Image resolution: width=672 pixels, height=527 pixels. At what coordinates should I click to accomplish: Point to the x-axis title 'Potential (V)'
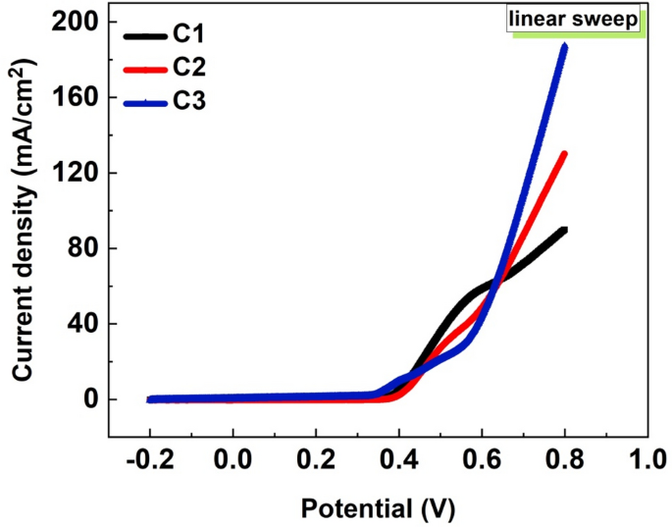click(x=378, y=509)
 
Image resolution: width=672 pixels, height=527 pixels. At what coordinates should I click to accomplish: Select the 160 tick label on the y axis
click(x=76, y=97)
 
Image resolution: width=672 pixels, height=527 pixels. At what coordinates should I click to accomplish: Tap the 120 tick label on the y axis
click(x=76, y=173)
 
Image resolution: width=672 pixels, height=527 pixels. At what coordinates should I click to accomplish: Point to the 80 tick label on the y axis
click(x=82, y=248)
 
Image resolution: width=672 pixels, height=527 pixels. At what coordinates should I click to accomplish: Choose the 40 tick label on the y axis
click(x=82, y=324)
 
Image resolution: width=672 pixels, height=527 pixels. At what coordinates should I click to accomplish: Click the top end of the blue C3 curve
click(x=564, y=45)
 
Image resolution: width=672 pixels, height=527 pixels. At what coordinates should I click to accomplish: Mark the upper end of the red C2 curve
click(x=564, y=153)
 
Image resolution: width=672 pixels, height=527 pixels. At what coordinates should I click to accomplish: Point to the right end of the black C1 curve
click(x=564, y=230)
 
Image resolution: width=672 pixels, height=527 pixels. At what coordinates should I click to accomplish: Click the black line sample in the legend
click(x=146, y=38)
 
